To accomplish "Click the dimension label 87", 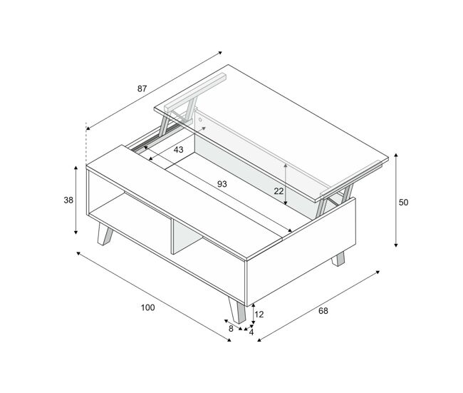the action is pyautogui.click(x=142, y=88).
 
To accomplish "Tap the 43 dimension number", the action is pyautogui.click(x=178, y=150).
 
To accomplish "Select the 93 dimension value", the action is pyautogui.click(x=222, y=184).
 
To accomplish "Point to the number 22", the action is pyautogui.click(x=279, y=192).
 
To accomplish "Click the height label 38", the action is pyautogui.click(x=68, y=200).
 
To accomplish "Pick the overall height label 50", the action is pyautogui.click(x=403, y=203).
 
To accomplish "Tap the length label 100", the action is pyautogui.click(x=147, y=308).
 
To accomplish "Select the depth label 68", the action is pyautogui.click(x=323, y=311).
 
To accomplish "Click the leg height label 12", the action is pyautogui.click(x=259, y=315).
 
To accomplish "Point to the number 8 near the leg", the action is pyautogui.click(x=231, y=329).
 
